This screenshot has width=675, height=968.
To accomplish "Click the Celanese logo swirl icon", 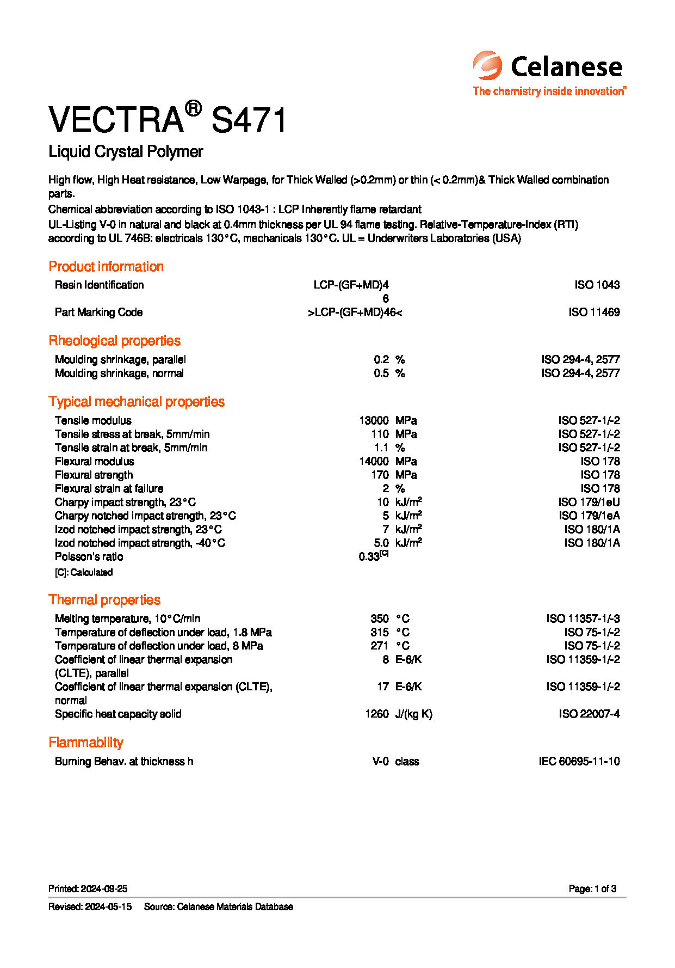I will [487, 65].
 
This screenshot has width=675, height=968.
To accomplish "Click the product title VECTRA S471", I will [168, 119].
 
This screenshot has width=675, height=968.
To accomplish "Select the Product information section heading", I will [106, 266].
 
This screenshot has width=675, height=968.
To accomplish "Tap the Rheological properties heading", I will [114, 341].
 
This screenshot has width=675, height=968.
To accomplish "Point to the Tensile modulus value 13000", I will [374, 420].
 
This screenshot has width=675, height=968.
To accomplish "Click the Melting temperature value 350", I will [380, 618].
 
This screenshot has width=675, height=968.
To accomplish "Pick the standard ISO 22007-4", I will [589, 714].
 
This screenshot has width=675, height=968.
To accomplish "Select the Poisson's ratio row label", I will [89, 556].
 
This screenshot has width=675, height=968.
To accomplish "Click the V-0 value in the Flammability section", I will [380, 761].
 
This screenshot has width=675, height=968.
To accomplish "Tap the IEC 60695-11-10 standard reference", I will [579, 761].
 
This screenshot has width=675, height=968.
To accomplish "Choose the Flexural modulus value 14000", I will [374, 461].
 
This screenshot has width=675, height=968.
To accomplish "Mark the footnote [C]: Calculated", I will [84, 572].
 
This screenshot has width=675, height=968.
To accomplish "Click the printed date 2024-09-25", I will [104, 889].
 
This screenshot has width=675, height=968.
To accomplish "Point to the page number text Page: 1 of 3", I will [592, 889].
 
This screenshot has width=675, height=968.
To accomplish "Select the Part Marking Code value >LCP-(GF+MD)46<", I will [355, 312].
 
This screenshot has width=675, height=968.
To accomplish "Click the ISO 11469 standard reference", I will [594, 312].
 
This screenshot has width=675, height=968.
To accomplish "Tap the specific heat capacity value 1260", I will [377, 714].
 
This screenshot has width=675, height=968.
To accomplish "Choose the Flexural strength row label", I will [94, 475].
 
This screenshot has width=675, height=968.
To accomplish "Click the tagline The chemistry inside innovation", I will [549, 91].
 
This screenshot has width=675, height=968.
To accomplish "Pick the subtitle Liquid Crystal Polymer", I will [126, 151].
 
